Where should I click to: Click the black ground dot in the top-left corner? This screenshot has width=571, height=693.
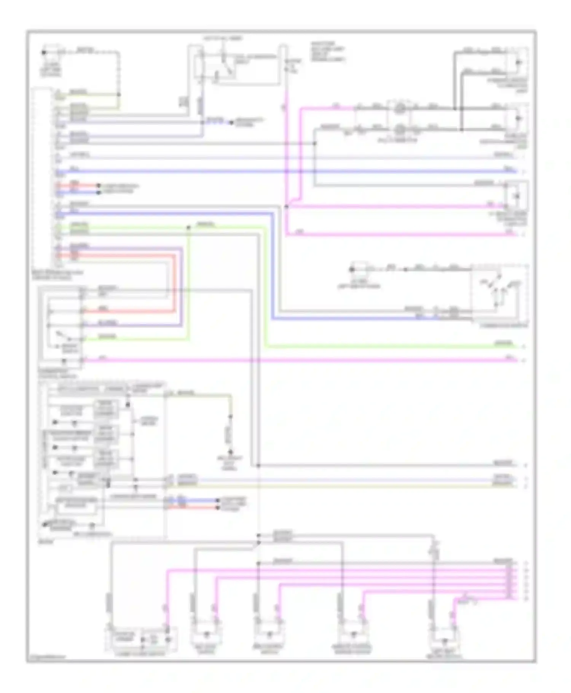pyautogui.click(x=43, y=53)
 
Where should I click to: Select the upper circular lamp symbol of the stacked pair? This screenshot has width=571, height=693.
pyautogui.click(x=399, y=109)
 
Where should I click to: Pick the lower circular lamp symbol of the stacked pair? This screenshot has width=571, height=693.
pyautogui.click(x=399, y=130)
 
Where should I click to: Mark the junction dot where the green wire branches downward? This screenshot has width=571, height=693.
pyautogui.click(x=188, y=228)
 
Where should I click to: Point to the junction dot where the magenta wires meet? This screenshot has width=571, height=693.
pyautogui.click(x=286, y=207)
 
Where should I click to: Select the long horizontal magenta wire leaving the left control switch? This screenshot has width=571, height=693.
pyautogui.click(x=305, y=360)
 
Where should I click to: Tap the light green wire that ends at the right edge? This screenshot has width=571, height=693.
pyautogui.click(x=381, y=346)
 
